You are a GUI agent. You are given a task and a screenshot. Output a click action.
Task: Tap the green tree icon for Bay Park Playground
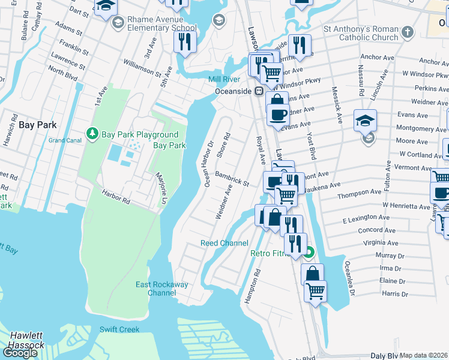pos(92,133)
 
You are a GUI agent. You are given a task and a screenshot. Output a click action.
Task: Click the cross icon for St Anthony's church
pos(408,31)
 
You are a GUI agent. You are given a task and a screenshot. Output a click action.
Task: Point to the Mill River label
pos(224,79)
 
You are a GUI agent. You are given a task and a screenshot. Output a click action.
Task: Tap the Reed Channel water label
pos(224,243)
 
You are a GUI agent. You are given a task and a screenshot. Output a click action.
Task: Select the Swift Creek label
pos(119,329)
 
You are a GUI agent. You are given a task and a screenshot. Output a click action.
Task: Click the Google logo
pos(20,352)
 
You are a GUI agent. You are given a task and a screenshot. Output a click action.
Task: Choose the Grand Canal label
pos(65,140)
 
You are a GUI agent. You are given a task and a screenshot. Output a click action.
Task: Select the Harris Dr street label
pos(394,294)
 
